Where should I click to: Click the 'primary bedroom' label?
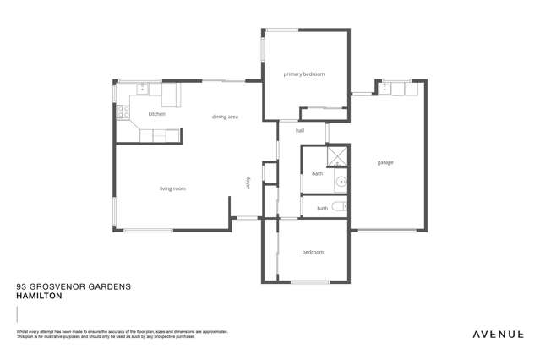tap(304, 74)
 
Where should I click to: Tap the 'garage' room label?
tap(385, 162)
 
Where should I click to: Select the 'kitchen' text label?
tap(156, 114)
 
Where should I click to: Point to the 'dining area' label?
tap(225, 117)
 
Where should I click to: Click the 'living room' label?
tap(172, 188)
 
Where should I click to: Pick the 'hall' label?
tap(299, 131)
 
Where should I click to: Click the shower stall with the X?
tap(337, 155)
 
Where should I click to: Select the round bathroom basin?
tap(341, 182)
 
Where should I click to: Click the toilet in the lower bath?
tap(339, 207)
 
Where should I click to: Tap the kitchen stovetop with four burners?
tap(123, 109)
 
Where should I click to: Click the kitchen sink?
tap(143, 88)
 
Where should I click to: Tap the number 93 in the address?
tap(21, 287)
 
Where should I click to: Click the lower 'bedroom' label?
tap(312, 252)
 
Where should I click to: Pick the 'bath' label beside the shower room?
tap(317, 174)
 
